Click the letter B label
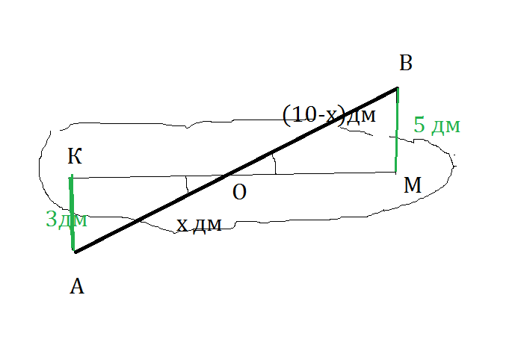coord(406,64)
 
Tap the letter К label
coord(75,157)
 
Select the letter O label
coord(239,192)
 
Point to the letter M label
coord(413,186)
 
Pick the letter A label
coord(76,286)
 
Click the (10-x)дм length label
coord(330,116)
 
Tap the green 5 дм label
coord(437,125)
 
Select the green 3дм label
coord(67,220)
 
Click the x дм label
coord(199,224)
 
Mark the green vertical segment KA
coord(72,213)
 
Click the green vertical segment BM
coord(396,131)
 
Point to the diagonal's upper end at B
coord(396,89)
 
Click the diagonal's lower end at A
coord(75,252)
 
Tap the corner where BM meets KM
coord(395,173)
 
